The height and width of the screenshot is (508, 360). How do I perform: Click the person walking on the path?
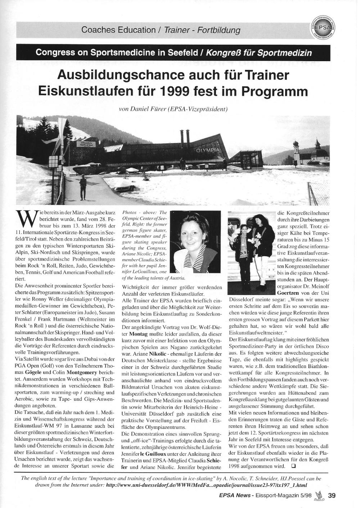(83, 187)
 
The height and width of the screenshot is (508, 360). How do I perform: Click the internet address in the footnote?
(207, 485)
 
